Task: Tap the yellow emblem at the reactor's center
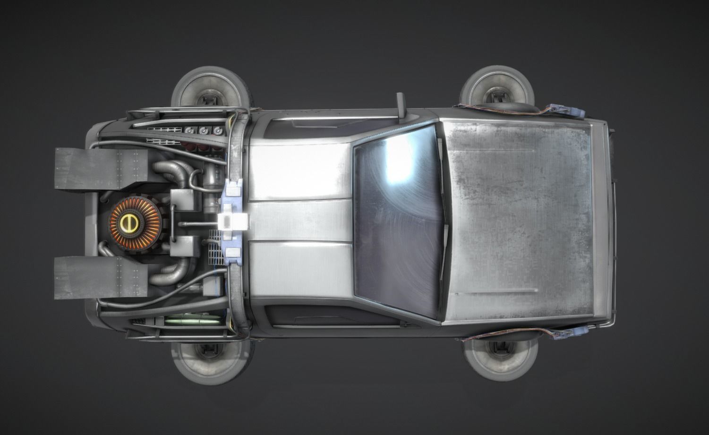[127, 222]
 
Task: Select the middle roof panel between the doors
[300, 222]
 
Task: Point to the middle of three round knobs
[204, 131]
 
